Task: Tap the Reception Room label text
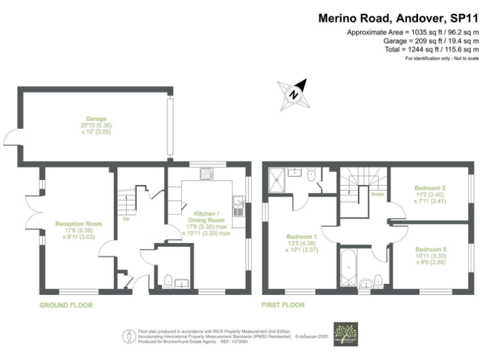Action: (x=78, y=223)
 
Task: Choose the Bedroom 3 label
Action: (x=431, y=187)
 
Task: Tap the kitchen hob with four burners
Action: (x=206, y=174)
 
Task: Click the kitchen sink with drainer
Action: (x=237, y=206)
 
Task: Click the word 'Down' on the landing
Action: (x=377, y=194)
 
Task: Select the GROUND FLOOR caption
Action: (x=66, y=306)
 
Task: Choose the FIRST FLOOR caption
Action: (x=283, y=306)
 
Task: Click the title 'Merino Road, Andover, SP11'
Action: (x=399, y=19)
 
